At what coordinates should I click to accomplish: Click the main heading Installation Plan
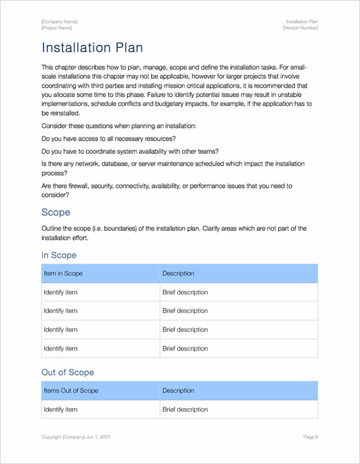click(92, 48)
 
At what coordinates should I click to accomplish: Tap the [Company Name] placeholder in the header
click(59, 22)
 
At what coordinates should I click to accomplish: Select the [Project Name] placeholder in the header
click(57, 28)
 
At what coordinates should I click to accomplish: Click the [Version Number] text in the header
click(300, 28)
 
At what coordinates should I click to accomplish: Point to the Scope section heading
click(55, 212)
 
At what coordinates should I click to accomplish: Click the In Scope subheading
click(59, 255)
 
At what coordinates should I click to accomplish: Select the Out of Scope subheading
click(67, 373)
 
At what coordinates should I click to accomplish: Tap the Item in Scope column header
click(63, 274)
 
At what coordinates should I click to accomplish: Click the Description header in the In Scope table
click(178, 274)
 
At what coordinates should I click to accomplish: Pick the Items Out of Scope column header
click(71, 391)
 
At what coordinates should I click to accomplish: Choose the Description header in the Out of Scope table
click(178, 391)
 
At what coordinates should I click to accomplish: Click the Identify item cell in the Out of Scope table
click(61, 410)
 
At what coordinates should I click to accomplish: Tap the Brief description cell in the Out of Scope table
click(185, 410)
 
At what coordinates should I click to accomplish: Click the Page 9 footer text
click(310, 437)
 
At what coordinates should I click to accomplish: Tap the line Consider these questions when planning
click(119, 126)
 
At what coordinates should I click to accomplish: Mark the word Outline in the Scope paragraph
click(52, 228)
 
